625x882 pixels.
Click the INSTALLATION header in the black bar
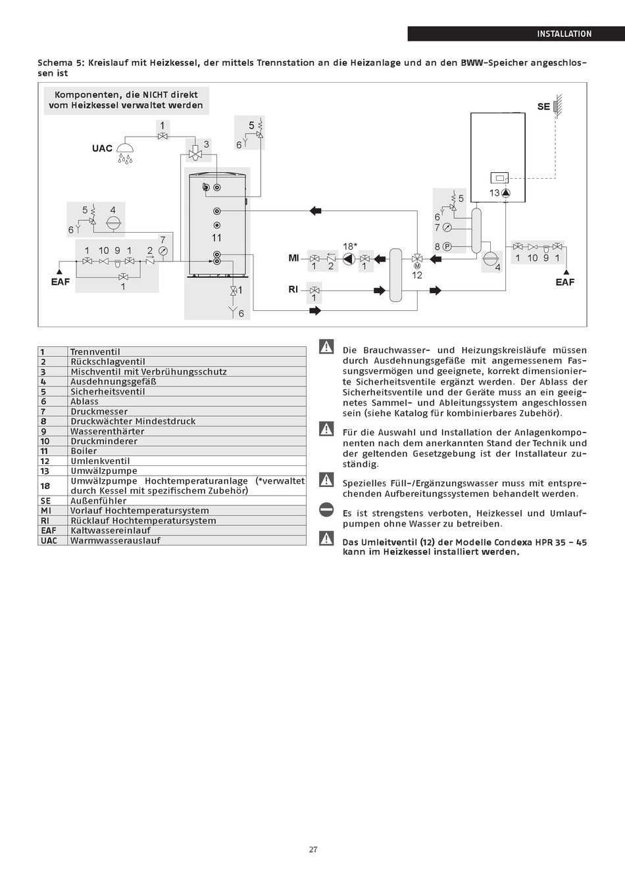click(564, 34)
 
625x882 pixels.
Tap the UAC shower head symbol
click(125, 152)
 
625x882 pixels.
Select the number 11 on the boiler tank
click(216, 238)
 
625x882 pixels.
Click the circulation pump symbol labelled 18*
click(349, 259)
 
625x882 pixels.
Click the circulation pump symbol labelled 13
click(507, 193)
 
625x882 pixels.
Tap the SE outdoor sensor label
click(543, 106)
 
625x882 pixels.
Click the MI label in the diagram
click(293, 258)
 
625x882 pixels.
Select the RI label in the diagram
click(293, 289)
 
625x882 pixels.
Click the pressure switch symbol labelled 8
click(447, 246)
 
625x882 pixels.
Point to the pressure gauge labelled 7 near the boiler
click(447, 227)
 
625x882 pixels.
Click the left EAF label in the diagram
click(60, 282)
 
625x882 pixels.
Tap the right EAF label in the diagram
click(564, 282)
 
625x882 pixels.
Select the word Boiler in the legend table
click(84, 451)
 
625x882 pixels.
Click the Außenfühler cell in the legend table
click(98, 501)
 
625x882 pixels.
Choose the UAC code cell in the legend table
click(49, 540)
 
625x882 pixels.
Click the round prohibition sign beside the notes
click(326, 510)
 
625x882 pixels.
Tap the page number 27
click(313, 849)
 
